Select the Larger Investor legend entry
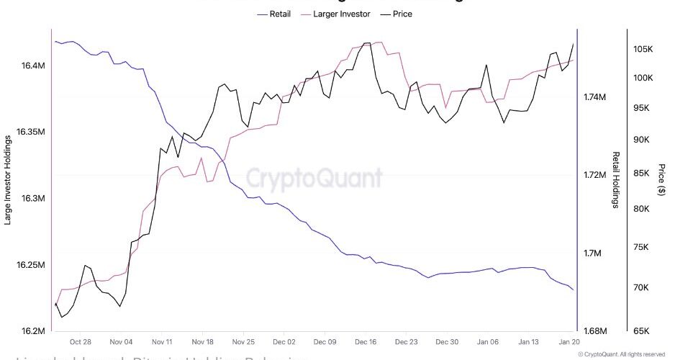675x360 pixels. point(340,14)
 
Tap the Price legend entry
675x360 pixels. point(402,14)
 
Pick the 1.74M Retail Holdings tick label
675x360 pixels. point(597,96)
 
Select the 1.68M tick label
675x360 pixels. point(597,331)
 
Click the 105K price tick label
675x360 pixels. point(643,49)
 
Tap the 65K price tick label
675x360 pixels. point(643,331)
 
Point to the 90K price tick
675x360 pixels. point(643,140)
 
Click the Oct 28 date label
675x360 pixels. point(81,342)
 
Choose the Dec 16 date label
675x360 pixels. point(366,342)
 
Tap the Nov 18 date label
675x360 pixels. point(204,342)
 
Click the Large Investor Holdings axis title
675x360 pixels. point(9,178)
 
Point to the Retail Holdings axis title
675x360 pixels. point(616,180)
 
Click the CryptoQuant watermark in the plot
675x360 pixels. point(314,178)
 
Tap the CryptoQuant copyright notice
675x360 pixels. point(621,354)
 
